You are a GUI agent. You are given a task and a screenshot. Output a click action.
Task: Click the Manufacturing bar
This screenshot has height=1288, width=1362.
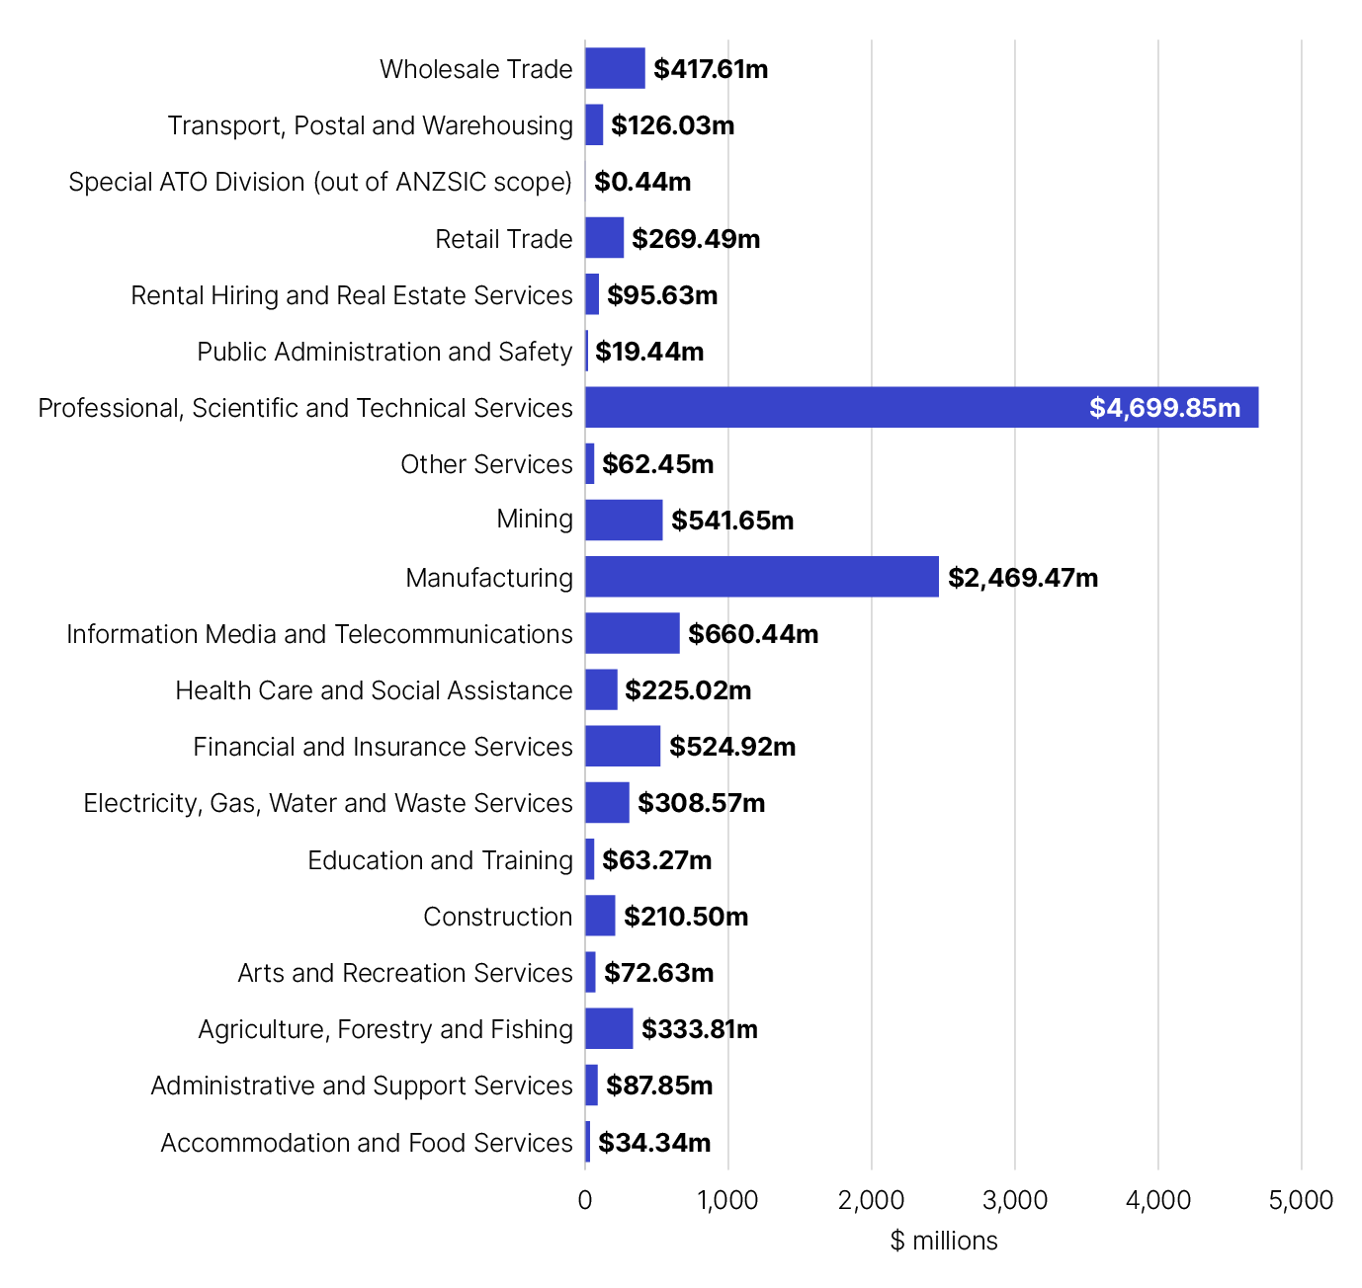(761, 577)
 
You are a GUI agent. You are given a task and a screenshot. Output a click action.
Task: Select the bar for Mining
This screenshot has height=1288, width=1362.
(624, 521)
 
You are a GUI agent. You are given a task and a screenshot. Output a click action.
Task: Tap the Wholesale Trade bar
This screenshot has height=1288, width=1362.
(615, 68)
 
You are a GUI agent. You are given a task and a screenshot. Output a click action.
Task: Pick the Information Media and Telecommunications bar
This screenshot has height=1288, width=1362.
(633, 633)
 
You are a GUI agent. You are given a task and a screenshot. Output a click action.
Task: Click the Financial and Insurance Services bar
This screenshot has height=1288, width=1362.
(623, 746)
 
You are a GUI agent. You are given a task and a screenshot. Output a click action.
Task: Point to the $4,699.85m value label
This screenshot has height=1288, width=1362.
(1164, 408)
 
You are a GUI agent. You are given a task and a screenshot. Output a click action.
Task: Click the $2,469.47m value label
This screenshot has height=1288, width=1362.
(1023, 578)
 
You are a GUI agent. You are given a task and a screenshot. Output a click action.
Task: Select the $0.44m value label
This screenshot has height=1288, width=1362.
(642, 182)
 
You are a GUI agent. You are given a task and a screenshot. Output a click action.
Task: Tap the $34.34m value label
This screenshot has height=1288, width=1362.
(654, 1143)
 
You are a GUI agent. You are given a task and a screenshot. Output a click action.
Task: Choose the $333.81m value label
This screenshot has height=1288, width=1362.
(700, 1029)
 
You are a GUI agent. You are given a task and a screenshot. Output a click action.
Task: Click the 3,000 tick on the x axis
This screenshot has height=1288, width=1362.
(1015, 1200)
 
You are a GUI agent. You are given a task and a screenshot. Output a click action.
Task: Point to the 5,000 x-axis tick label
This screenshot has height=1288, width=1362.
(1301, 1200)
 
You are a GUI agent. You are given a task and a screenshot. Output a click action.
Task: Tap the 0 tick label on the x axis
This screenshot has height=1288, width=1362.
(585, 1200)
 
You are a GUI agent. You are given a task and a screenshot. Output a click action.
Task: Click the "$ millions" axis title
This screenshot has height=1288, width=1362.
(944, 1241)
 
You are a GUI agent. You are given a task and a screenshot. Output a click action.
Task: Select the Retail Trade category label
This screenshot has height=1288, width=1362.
(504, 239)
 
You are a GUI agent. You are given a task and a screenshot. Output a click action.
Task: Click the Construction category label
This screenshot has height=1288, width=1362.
(498, 917)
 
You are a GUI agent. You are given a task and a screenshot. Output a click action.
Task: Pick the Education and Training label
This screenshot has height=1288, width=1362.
(440, 860)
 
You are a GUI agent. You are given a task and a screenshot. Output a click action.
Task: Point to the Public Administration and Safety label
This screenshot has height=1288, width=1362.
(384, 352)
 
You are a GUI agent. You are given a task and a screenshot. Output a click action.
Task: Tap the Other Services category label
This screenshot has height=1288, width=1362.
(486, 464)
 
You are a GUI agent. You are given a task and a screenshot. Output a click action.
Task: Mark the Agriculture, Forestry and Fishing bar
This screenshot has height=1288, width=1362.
(609, 1028)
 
